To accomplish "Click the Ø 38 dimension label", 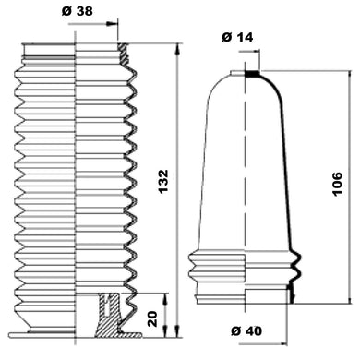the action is coord(78,11).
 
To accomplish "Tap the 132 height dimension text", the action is coord(163,181).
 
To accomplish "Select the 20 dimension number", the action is coord(152,319).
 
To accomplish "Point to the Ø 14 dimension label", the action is coord(237,37).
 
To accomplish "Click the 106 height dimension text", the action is coord(337,184).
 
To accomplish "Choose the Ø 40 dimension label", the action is coord(246,331).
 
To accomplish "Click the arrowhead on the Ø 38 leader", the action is coord(112,24).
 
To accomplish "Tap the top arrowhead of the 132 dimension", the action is coord(177,50).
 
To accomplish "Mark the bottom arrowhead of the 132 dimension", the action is coord(177,331).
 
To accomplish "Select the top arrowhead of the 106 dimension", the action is coord(350,77).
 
